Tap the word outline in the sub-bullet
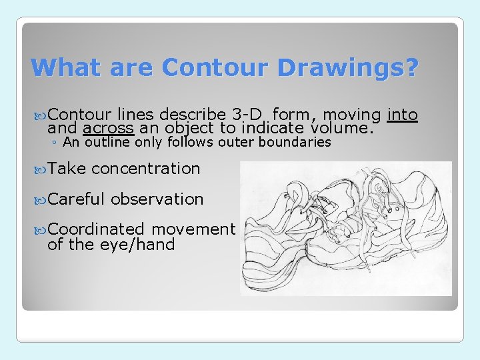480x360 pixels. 109,142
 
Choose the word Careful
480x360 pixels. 77,199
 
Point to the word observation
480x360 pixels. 157,199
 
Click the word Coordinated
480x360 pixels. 96,229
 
